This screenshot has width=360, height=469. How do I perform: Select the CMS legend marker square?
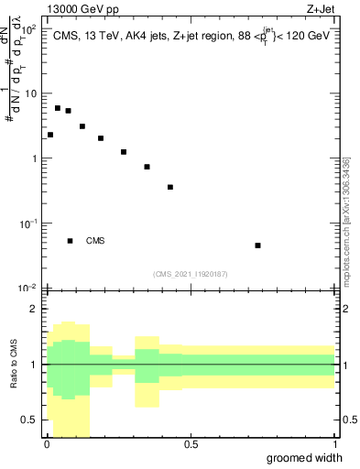pos(70,241)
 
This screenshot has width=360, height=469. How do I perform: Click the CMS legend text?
pos(95,241)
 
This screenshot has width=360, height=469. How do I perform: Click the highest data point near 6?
pos(58,108)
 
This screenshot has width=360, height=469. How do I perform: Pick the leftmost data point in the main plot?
pos(50,135)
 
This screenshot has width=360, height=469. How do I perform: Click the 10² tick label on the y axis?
pos(29,28)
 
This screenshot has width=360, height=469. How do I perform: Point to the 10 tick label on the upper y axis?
pos(31,93)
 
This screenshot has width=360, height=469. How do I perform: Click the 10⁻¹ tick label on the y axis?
pos(29,224)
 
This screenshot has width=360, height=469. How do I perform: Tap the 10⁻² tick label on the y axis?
pos(29,288)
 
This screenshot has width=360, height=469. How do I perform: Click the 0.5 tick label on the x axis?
pos(191,445)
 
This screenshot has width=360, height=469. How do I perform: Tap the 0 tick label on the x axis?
pos(47,445)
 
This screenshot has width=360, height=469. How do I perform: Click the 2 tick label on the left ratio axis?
pos(35,309)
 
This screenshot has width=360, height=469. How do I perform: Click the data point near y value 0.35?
pos(170,187)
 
